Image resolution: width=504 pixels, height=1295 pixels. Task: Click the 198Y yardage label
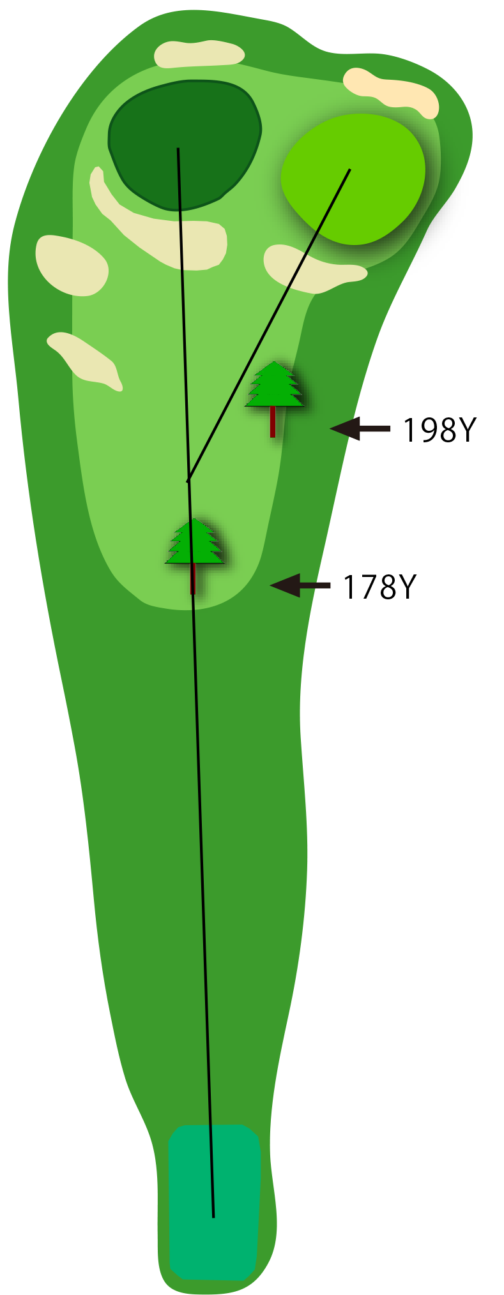pos(439,430)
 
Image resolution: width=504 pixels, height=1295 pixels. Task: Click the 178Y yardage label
pos(379,587)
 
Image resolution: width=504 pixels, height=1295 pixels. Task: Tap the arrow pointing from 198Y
pos(360,429)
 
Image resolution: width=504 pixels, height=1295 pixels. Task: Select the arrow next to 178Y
pos(300,585)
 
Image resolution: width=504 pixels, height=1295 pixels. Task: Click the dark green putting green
pos(185,145)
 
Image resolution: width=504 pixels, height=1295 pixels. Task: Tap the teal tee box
pos(214,1202)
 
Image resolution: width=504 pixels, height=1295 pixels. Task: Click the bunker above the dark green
pos(199,54)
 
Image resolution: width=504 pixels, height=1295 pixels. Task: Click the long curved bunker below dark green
pos(160,223)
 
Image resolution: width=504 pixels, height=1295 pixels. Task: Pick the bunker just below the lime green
pos(313,268)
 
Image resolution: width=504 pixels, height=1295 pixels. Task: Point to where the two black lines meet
pos(188,480)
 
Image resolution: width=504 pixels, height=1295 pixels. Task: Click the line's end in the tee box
pos(213,1217)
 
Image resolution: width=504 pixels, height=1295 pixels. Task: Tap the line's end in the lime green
pos(350,169)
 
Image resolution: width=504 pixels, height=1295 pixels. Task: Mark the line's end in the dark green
pos(178,148)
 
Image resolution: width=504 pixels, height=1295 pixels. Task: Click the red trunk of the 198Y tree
pos(273,422)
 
